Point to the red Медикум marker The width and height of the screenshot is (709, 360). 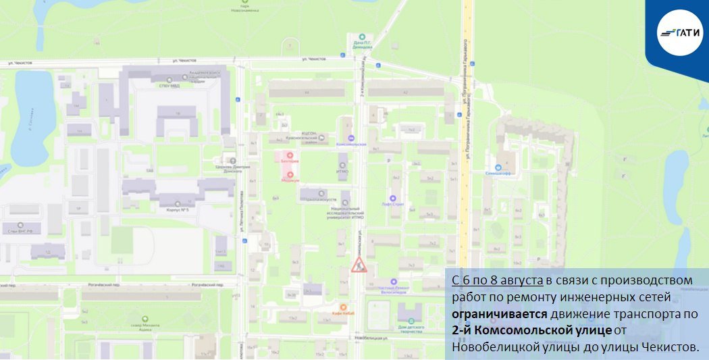[291, 174]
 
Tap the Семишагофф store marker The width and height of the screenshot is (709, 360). [499, 168]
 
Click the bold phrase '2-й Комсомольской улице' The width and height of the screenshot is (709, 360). [531, 330]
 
